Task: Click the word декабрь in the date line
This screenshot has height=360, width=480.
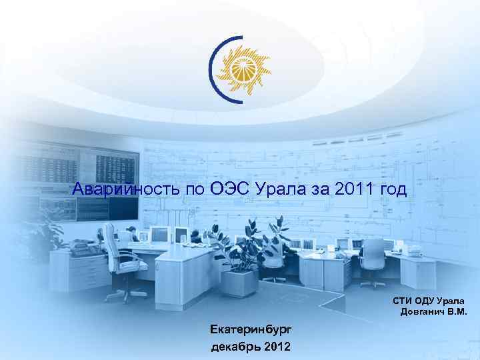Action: coord(235,347)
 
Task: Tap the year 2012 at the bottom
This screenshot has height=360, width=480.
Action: coord(277,347)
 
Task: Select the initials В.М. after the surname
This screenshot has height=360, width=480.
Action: coord(457,312)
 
